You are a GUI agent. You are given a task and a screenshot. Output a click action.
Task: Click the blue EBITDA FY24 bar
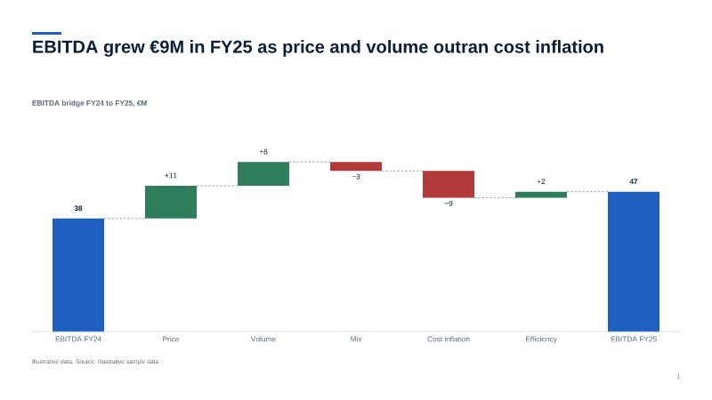pyautogui.click(x=78, y=275)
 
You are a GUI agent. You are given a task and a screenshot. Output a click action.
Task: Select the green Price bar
pyautogui.click(x=171, y=203)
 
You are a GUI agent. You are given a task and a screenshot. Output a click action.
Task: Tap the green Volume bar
pyautogui.click(x=263, y=173)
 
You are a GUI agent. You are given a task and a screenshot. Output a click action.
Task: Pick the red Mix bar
pyautogui.click(x=356, y=166)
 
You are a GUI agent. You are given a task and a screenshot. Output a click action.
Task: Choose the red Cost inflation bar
pyautogui.click(x=449, y=184)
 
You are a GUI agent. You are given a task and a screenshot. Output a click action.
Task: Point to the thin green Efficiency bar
pyautogui.click(x=541, y=195)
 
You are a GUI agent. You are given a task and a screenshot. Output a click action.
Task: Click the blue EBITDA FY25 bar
pyautogui.click(x=634, y=261)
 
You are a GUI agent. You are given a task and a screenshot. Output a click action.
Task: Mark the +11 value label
pyautogui.click(x=171, y=175)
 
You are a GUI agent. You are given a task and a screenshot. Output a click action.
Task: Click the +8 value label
pyautogui.click(x=263, y=152)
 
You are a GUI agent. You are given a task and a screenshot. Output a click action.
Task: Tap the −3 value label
pyautogui.click(x=356, y=176)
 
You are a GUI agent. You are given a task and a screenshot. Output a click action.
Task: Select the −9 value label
pyautogui.click(x=449, y=204)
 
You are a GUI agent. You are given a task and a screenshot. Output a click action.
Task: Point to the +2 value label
pyautogui.click(x=541, y=181)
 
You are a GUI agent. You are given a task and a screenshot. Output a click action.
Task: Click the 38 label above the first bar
pyautogui.click(x=78, y=208)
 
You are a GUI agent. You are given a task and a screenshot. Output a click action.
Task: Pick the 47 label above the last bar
pyautogui.click(x=634, y=181)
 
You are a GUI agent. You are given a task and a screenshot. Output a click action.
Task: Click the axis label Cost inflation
pyautogui.click(x=449, y=339)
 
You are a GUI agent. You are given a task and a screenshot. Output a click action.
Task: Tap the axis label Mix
pyautogui.click(x=356, y=339)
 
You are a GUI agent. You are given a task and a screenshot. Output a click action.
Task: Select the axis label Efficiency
pyautogui.click(x=541, y=339)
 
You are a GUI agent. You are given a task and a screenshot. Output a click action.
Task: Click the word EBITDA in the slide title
pyautogui.click(x=65, y=47)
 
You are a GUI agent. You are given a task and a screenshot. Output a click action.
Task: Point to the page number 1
pyautogui.click(x=678, y=376)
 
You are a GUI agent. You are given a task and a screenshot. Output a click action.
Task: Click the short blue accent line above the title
pyautogui.click(x=46, y=33)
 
